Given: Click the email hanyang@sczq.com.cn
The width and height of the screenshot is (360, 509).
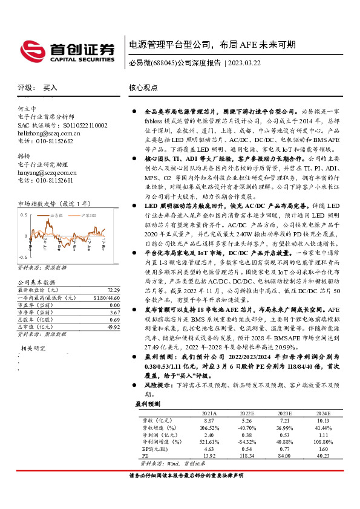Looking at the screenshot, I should point(48,172).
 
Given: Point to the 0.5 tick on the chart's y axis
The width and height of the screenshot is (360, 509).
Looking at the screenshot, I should point(24,215).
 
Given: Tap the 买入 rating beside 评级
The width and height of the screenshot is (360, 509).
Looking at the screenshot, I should point(50,88).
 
